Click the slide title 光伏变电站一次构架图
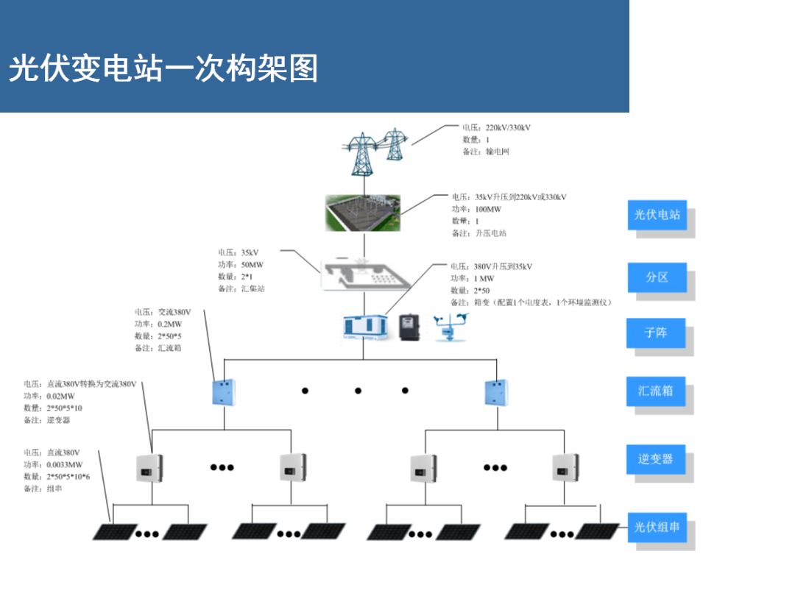163,69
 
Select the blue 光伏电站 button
657,215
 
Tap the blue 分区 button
657,277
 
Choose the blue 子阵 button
655,333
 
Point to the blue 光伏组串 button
657,527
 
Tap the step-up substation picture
363,212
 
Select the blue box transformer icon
364,327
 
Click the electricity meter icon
410,327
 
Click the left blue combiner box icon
224,392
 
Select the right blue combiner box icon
497,392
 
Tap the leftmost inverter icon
149,466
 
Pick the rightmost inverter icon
565,466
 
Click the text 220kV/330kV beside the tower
508,127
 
